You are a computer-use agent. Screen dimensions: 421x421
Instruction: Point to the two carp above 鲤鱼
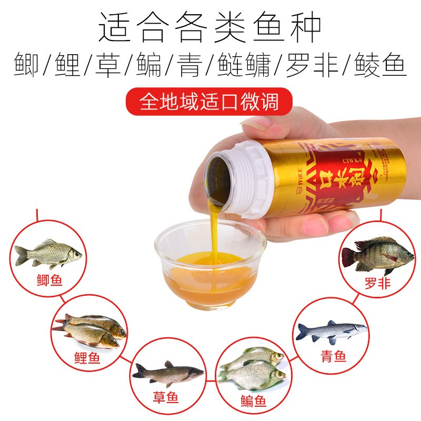tap(89, 330)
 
